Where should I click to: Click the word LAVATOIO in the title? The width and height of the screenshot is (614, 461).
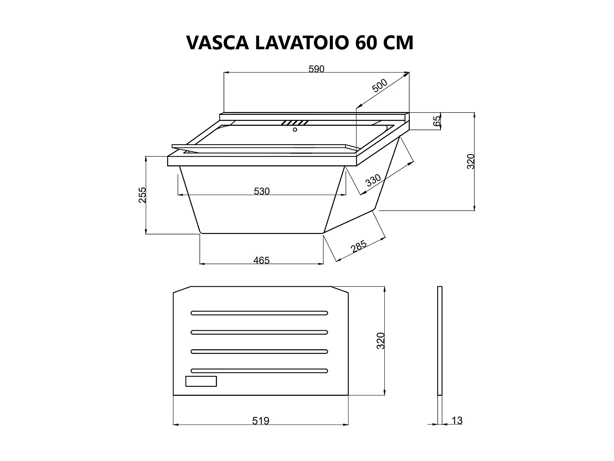coord(302,42)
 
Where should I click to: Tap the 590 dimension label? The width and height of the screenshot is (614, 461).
coord(316,69)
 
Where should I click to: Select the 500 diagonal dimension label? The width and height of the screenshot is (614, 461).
coord(379,86)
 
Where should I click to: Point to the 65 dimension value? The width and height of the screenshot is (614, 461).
coord(437,120)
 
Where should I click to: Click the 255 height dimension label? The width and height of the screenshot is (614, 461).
coord(142,195)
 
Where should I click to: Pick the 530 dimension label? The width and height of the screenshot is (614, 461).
coord(262,191)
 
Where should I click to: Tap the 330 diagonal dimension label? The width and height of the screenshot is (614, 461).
coord(373,180)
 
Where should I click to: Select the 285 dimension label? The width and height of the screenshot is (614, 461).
coord(358,247)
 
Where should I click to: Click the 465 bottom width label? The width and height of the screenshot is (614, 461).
coord(261,260)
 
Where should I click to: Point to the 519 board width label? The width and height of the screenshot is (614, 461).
coord(261,421)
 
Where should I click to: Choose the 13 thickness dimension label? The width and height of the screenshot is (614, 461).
coord(457,420)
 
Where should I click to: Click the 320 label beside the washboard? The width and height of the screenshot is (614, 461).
coord(381,341)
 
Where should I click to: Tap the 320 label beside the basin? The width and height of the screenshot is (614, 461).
coord(471,161)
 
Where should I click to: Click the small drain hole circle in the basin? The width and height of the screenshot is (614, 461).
coord(295,130)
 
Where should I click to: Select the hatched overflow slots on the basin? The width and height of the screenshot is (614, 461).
coord(294,123)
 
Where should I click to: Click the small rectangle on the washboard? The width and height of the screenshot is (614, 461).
coord(201,381)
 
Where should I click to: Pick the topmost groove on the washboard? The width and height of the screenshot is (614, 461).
coord(259,313)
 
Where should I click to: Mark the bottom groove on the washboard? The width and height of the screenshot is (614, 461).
coord(259,371)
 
